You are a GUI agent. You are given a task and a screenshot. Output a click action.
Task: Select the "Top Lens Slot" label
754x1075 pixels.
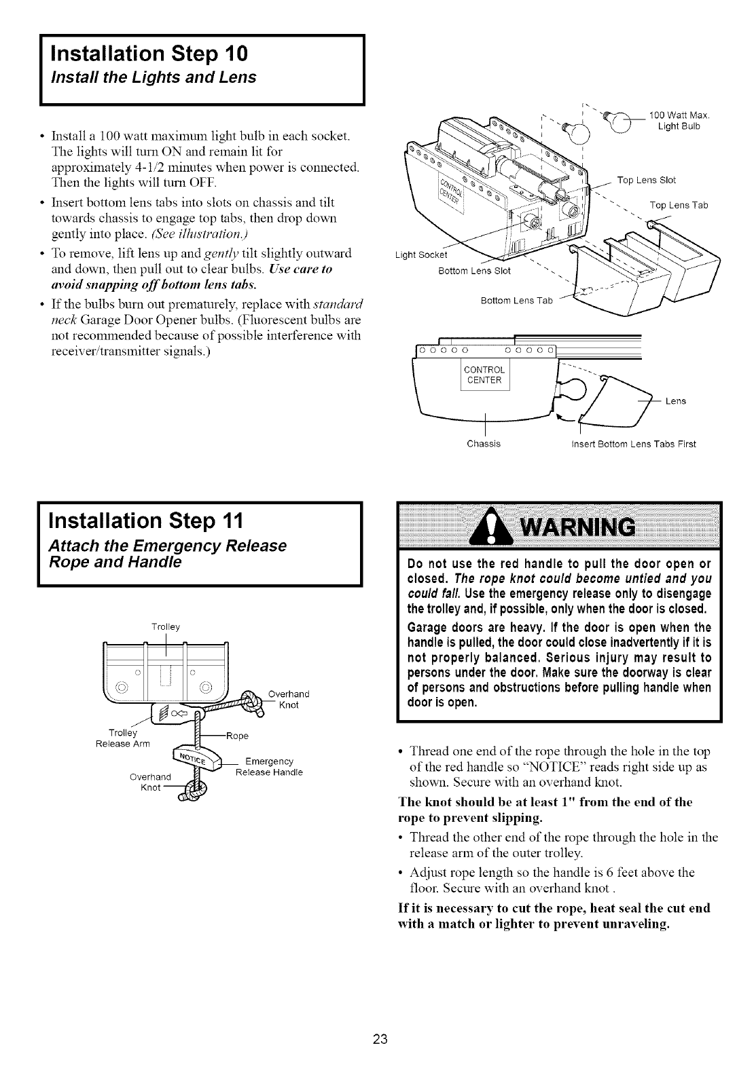click(x=646, y=180)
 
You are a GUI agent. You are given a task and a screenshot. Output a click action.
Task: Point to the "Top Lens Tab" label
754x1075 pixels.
click(x=679, y=205)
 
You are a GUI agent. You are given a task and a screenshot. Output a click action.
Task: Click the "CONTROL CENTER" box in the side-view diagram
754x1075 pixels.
click(x=484, y=375)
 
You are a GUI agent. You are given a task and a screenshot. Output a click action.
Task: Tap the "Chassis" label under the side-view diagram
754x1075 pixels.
click(x=484, y=444)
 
